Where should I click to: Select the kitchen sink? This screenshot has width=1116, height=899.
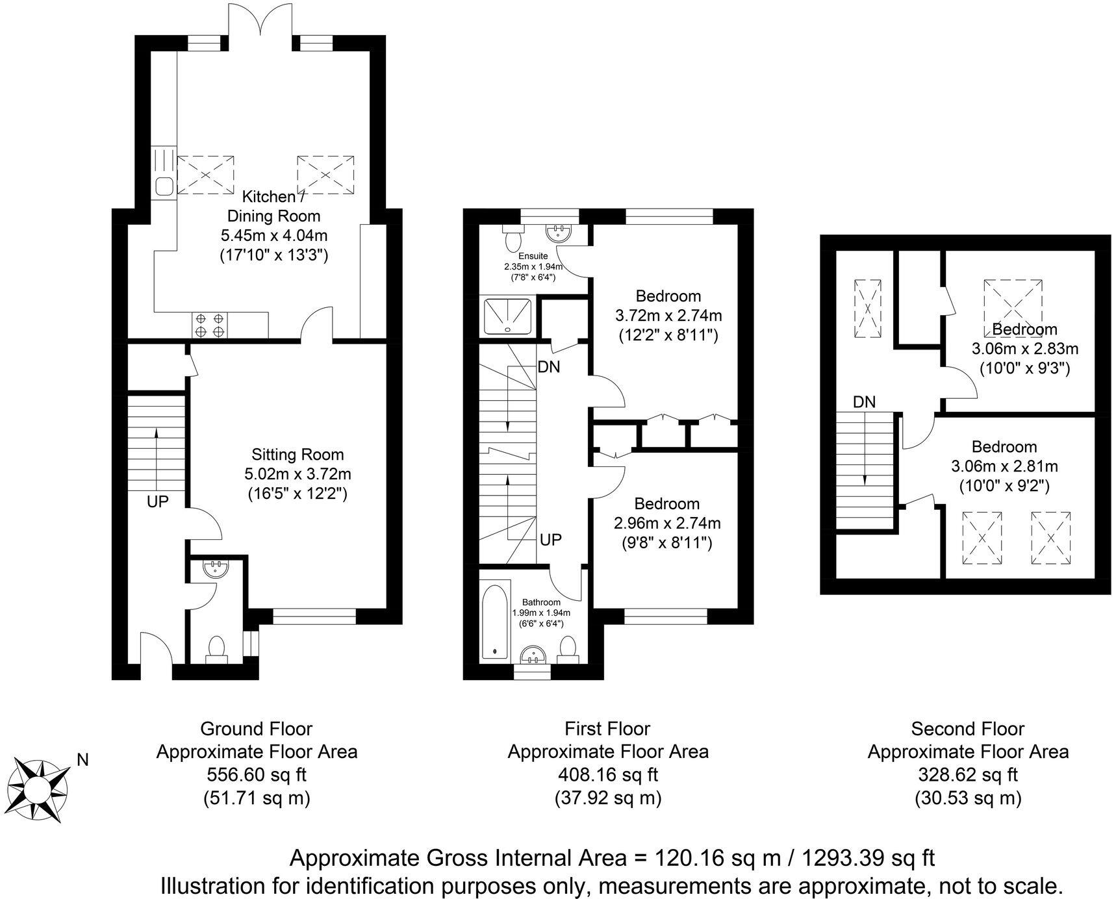tap(164, 186)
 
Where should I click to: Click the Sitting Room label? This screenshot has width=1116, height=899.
tap(298, 455)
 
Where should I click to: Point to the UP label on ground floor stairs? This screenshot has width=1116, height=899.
tap(158, 501)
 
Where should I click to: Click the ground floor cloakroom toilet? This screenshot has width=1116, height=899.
tap(216, 648)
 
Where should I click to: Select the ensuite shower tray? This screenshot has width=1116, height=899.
tap(507, 316)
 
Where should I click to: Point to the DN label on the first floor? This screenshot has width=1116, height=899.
tap(549, 367)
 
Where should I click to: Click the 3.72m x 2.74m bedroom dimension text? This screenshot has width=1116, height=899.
tap(668, 316)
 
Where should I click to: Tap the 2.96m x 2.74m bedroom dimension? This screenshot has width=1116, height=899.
tap(667, 523)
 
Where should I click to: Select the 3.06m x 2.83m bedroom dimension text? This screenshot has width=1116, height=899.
tap(1024, 348)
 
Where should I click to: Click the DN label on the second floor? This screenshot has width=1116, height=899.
tap(864, 402)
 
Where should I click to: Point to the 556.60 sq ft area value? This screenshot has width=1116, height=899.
tap(256, 774)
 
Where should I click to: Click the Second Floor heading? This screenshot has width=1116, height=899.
tap(967, 729)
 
